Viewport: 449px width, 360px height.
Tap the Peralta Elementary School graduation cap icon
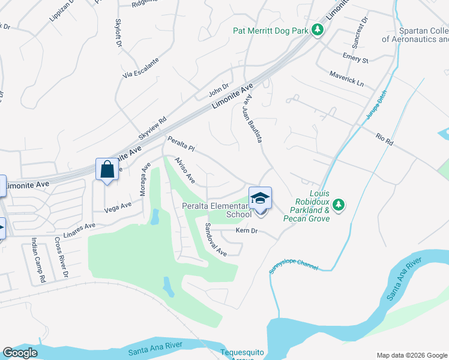point(260,197)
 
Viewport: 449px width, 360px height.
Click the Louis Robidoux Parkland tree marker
point(339,205)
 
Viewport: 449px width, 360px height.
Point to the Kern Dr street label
point(247,231)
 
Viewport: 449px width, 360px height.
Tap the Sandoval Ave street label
point(215,240)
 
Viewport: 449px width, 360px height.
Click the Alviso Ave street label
point(185,170)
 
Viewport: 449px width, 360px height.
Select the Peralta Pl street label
point(181,145)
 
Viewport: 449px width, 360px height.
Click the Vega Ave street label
point(118,206)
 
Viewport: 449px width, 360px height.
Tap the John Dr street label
point(219,91)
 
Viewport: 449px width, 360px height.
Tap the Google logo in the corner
point(20,353)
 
